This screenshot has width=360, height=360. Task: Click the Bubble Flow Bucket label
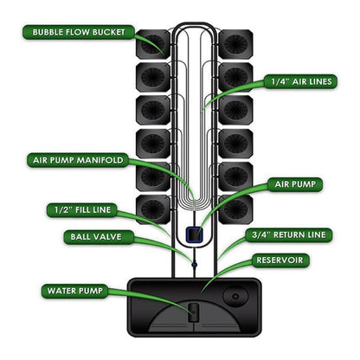77,33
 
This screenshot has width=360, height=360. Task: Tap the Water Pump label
74,291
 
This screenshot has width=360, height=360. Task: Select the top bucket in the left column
153,43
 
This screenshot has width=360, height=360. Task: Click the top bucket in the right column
235,43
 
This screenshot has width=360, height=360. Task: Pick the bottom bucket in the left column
153,209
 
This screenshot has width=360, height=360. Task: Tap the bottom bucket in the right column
235,209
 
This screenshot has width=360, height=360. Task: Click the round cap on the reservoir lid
235,297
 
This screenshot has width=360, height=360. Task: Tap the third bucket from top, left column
153,109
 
